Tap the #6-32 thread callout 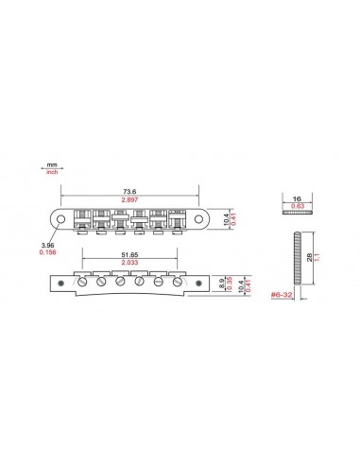point(282,296)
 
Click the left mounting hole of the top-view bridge point(61,218)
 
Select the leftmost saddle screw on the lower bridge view point(82,282)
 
